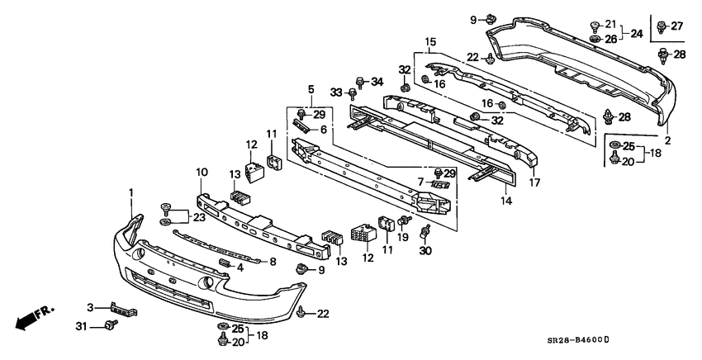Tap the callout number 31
tap(81, 327)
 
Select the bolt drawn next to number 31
tap(111, 324)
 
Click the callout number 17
tap(534, 182)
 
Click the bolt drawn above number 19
tap(405, 220)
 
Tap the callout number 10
tap(202, 172)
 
